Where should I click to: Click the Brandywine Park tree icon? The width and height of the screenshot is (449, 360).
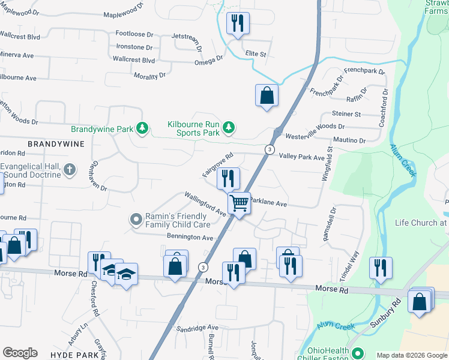[x=142, y=128]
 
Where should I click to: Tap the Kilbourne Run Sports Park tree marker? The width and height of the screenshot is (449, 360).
[x=228, y=127]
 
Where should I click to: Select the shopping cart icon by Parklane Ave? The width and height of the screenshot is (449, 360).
[x=239, y=204]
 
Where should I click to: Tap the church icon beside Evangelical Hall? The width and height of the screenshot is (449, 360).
[x=69, y=170]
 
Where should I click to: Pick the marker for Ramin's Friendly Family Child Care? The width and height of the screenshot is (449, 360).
[x=136, y=220]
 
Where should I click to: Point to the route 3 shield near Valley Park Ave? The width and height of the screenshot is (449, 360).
[x=271, y=149]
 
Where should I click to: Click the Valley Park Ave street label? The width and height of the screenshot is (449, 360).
[x=302, y=157]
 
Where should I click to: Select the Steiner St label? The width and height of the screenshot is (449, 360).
[x=346, y=113]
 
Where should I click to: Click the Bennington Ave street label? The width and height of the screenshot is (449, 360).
[x=190, y=238]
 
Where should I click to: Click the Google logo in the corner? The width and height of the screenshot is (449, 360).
[x=20, y=353]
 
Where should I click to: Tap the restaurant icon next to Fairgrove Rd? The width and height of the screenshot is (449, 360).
[x=228, y=178]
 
